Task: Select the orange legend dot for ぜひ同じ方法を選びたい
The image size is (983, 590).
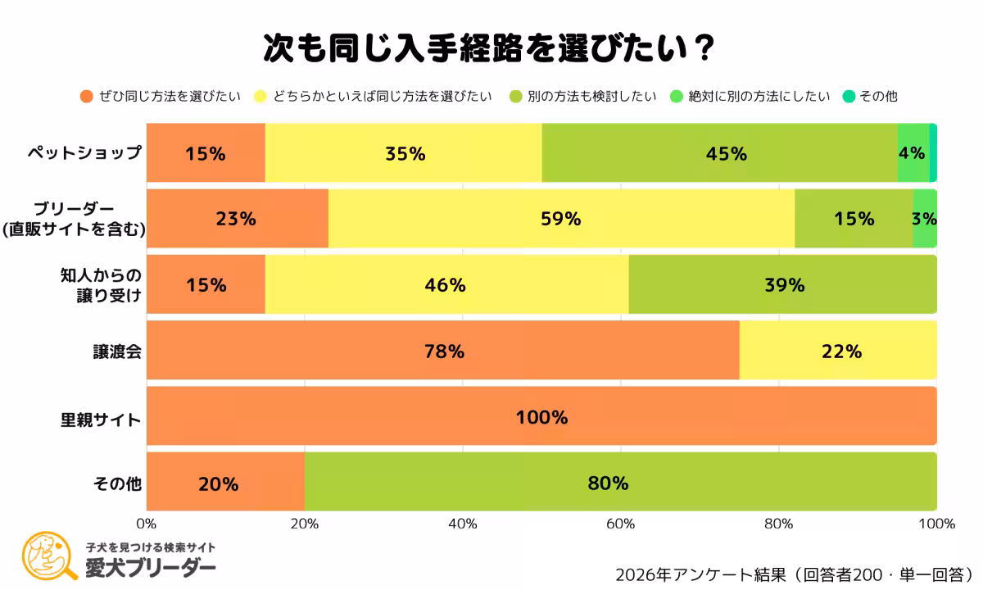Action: click(86, 96)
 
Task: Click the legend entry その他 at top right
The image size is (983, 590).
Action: click(878, 96)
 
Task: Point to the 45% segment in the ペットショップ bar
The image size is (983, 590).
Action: click(719, 153)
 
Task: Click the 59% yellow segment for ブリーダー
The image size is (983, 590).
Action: click(561, 219)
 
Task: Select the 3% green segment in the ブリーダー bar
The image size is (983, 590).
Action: click(925, 219)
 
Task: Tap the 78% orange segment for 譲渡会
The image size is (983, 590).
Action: click(443, 351)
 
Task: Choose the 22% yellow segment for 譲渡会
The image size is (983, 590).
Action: click(838, 351)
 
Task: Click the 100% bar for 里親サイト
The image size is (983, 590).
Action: click(541, 416)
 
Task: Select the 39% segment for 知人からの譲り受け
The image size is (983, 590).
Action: click(782, 284)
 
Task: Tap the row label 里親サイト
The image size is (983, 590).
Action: click(102, 418)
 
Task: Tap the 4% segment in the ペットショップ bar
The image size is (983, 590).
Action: click(913, 153)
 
